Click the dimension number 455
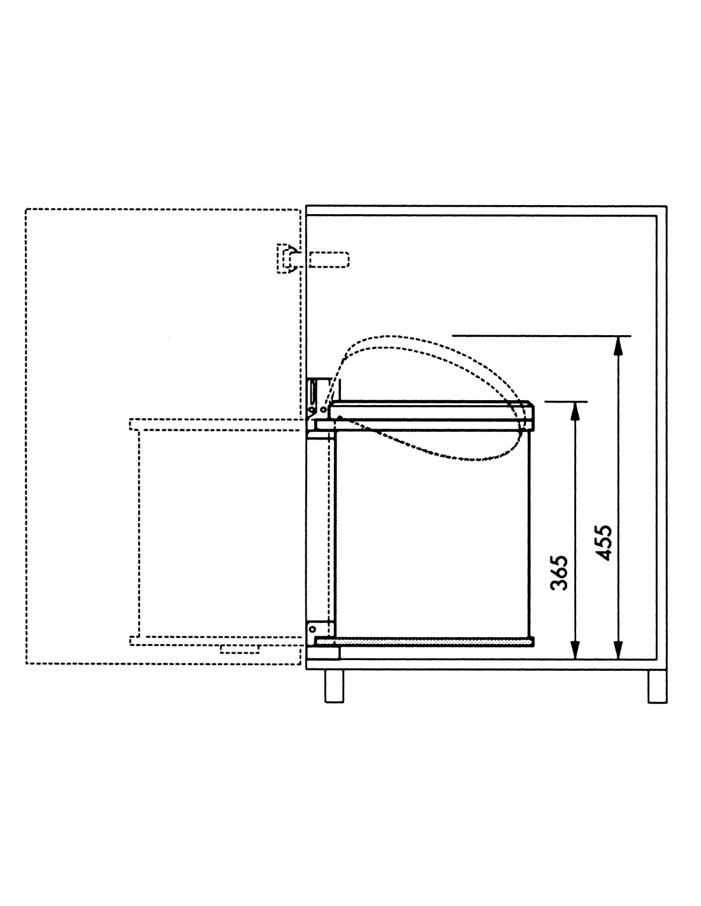[603, 542]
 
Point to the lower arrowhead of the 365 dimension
[575, 649]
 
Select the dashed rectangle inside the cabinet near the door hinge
[329, 259]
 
